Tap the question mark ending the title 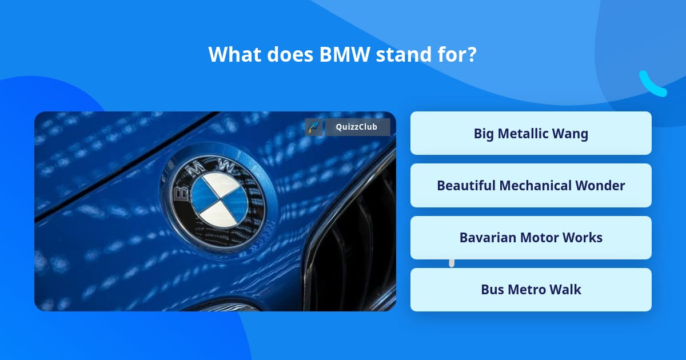point(472,55)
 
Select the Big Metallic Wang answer point(531,134)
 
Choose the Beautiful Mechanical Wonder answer point(531,186)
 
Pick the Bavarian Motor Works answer point(531,238)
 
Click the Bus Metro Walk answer point(531,290)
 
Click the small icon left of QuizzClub point(313,127)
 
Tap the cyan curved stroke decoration point(652,84)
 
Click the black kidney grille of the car point(354,246)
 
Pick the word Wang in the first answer point(570,134)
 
